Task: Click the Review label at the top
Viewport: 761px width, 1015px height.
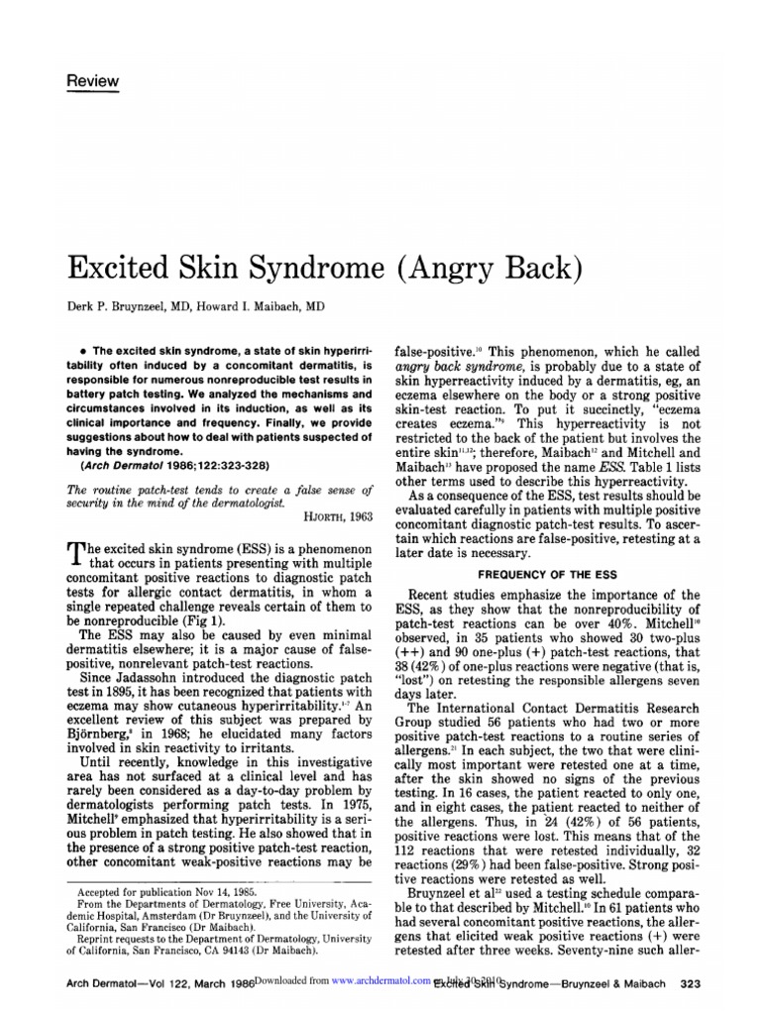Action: coord(92,81)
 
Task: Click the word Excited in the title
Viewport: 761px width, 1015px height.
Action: coord(117,268)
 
